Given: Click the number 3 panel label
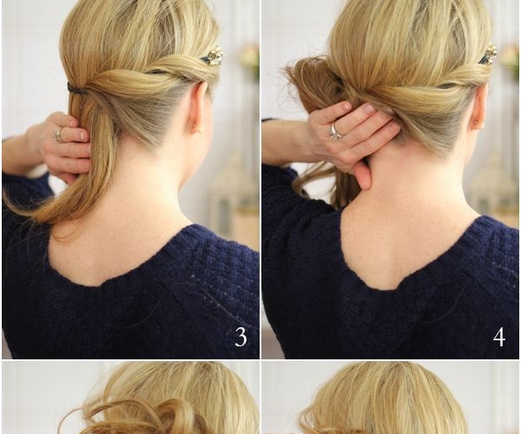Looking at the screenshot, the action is [241, 337].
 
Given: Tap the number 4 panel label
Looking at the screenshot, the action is [499, 337].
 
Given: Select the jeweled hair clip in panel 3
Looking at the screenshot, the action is [213, 56].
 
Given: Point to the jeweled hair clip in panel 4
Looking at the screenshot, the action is [487, 54].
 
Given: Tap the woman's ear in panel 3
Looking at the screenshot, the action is [199, 108].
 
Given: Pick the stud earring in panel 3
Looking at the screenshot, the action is [193, 125].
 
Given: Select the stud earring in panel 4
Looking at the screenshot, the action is [476, 122].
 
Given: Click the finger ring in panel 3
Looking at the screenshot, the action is [59, 135].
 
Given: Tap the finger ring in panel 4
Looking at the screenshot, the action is [334, 130].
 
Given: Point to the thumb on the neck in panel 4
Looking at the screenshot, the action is [362, 174].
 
